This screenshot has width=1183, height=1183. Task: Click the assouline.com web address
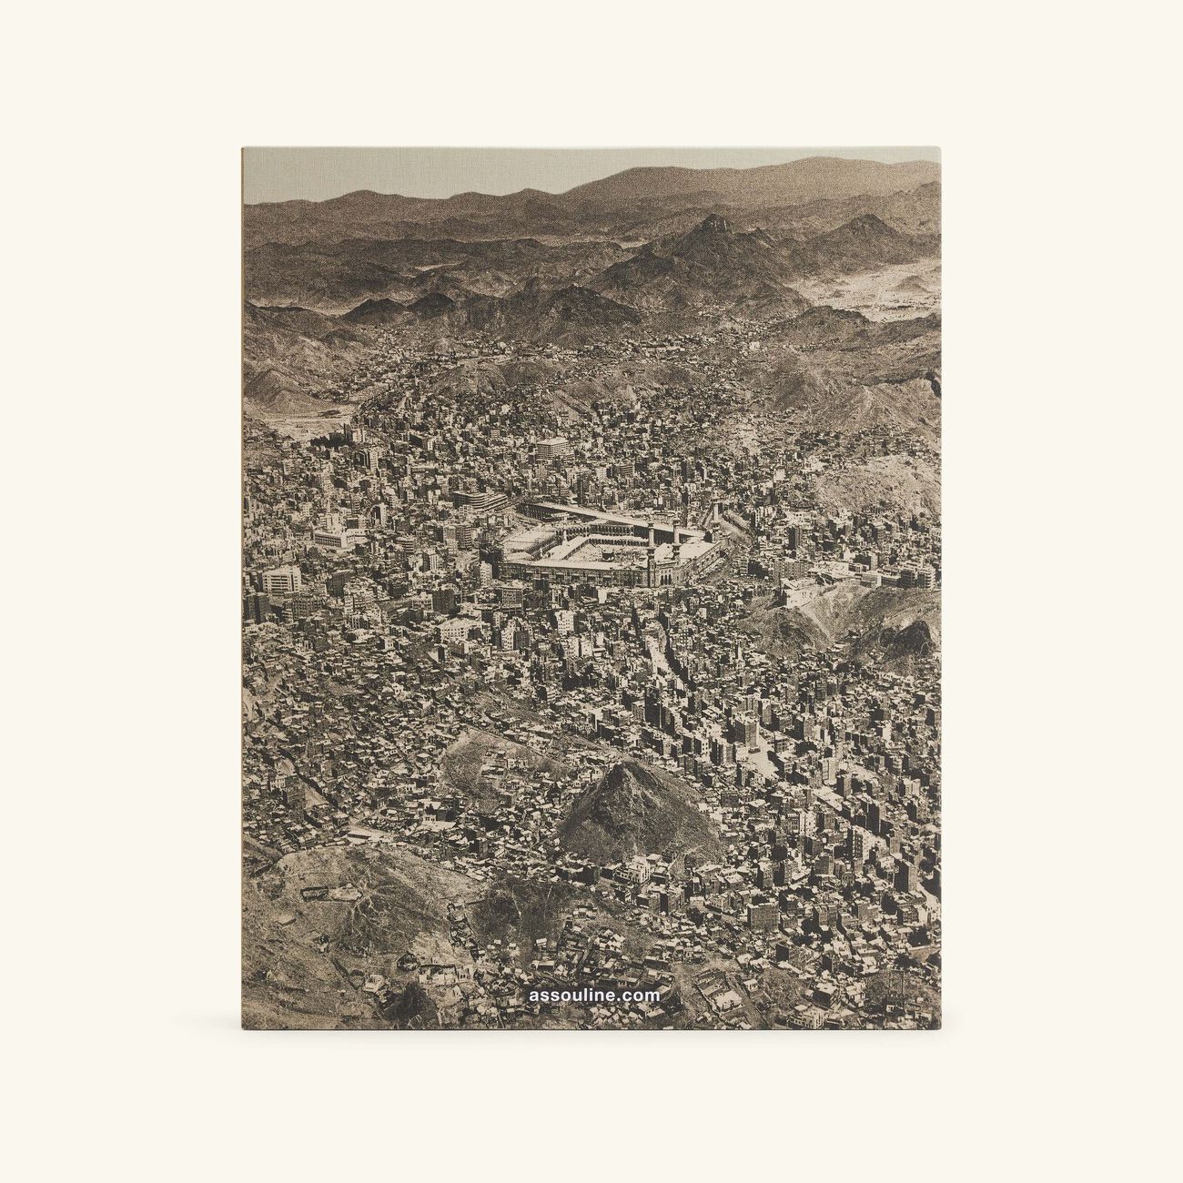pyautogui.click(x=593, y=996)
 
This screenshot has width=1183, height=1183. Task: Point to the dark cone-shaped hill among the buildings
pyautogui.click(x=637, y=801)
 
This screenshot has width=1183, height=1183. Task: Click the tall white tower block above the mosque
pyautogui.click(x=551, y=449)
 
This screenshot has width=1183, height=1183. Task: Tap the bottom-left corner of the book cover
pyautogui.click(x=243, y=1028)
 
